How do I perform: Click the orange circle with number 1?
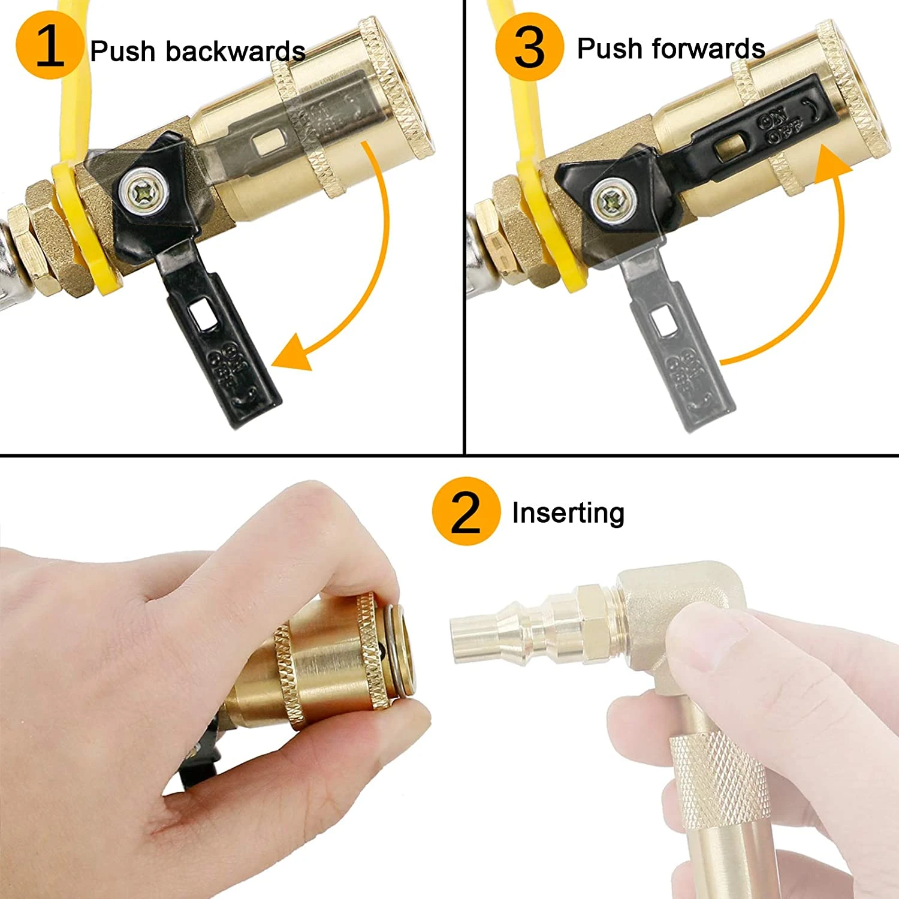coord(49,46)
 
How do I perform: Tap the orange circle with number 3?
coord(530,46)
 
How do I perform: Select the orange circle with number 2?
coord(466,511)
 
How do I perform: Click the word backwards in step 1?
coord(236,51)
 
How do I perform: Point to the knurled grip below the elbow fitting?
coord(719,779)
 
